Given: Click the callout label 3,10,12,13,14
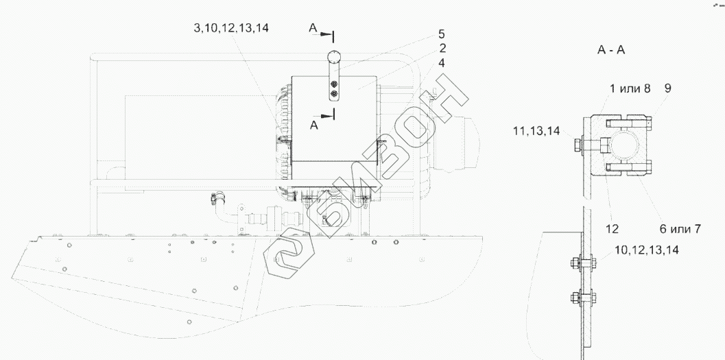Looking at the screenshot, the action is click(x=231, y=27).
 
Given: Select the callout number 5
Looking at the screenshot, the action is click(x=442, y=34).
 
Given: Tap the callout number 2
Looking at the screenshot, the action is click(x=442, y=48).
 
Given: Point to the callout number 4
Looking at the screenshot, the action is click(x=442, y=63).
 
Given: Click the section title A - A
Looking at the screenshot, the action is click(x=610, y=50).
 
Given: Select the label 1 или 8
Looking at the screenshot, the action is click(x=630, y=88).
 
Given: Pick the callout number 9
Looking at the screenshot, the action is click(x=667, y=88).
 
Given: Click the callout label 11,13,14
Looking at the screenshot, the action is click(x=536, y=131).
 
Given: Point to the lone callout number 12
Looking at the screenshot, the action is click(x=612, y=228).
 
